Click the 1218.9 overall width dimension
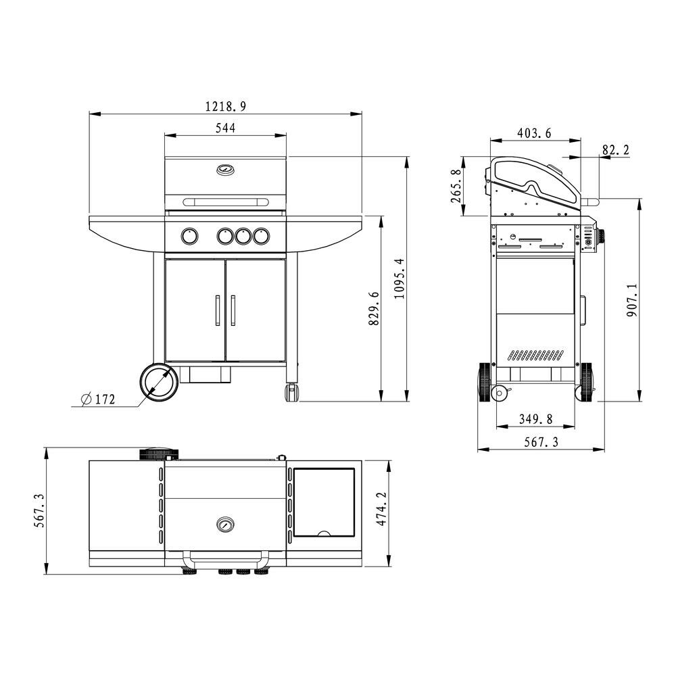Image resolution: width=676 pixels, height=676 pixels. [226, 106]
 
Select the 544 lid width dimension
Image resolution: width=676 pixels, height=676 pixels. [226, 128]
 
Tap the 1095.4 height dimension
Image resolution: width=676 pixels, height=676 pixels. [400, 279]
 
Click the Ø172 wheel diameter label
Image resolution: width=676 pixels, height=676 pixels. [98, 400]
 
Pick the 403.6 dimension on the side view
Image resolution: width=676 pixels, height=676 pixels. [534, 133]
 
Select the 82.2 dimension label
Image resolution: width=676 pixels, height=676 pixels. [615, 150]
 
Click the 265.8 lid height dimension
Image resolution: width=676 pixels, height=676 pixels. [456, 186]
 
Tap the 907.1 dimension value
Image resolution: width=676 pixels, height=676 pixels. [632, 300]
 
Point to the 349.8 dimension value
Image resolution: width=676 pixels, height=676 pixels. [535, 418]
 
